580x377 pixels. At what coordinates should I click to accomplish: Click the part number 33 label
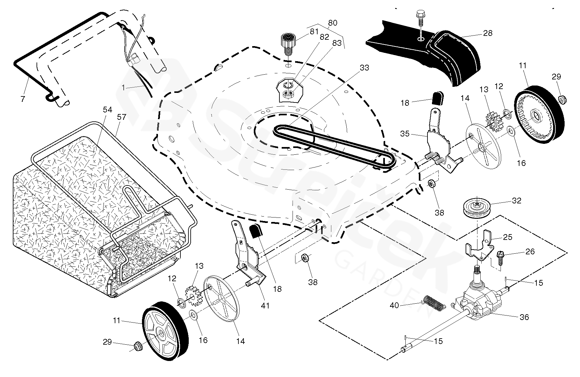click(x=364, y=68)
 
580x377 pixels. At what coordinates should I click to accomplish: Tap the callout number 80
click(x=333, y=23)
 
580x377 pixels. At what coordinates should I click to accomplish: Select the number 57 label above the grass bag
click(x=121, y=117)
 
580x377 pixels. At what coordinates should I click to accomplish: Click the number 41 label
click(x=265, y=306)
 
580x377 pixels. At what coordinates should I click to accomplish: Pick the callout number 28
click(x=487, y=33)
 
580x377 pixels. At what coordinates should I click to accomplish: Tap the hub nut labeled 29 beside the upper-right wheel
click(x=562, y=99)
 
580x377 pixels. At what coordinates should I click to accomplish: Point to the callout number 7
click(x=22, y=99)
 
